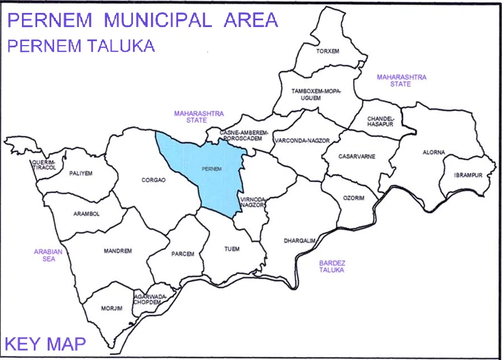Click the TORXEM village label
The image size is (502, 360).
[x=328, y=51]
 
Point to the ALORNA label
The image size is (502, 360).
[x=433, y=153]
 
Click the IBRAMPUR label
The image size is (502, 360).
[x=468, y=175]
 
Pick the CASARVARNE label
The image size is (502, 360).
[x=357, y=156]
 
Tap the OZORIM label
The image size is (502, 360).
[x=354, y=198]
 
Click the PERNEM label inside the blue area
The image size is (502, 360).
[x=212, y=168]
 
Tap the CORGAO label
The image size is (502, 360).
[x=154, y=180]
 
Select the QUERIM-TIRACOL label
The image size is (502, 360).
[x=43, y=165]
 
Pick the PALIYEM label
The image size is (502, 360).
[x=81, y=174]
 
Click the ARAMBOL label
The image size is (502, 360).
[x=86, y=214]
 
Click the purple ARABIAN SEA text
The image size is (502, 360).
[x=48, y=255]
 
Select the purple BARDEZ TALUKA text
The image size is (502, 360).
[x=332, y=266]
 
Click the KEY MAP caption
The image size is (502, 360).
[x=45, y=343]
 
